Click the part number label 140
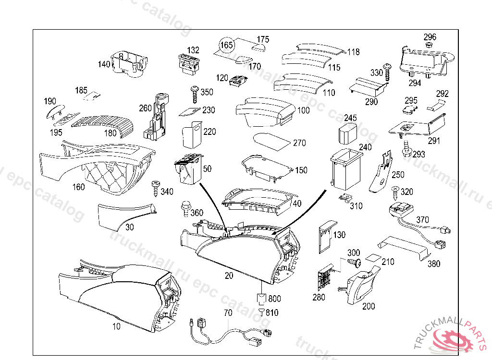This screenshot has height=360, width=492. point(104,64)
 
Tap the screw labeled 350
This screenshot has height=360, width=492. point(195,94)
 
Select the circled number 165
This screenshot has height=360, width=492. point(226,45)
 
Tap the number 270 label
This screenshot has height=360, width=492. point(299,143)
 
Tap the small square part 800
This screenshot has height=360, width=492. point(260,299)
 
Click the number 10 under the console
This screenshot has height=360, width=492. point(117,326)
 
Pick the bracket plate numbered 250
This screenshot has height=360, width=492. point(381,172)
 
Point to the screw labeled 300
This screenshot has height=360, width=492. point(355,263)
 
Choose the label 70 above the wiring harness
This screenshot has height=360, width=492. point(228,312)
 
